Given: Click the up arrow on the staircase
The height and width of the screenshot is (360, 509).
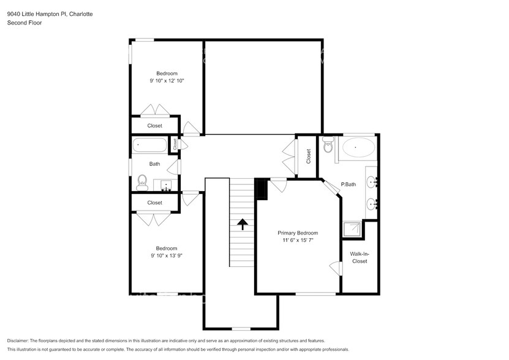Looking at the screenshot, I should click(x=243, y=223).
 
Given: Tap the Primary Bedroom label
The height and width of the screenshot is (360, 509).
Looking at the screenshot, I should click(x=298, y=233).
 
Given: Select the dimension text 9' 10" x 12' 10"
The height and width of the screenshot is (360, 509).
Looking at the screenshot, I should click(x=167, y=81).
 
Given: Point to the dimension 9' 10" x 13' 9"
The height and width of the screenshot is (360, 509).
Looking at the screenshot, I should click(x=166, y=256).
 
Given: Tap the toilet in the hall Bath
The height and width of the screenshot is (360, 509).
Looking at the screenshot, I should click(x=142, y=182).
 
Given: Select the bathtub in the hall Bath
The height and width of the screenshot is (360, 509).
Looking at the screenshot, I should click(x=149, y=146).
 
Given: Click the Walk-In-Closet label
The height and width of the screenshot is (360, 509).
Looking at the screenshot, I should click(x=359, y=257).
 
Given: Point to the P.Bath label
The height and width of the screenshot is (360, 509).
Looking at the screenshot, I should click(x=349, y=184).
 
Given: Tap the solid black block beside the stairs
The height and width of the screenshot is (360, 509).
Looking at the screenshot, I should click(x=261, y=189).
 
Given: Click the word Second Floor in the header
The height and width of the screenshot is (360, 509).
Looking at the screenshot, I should click(x=24, y=23).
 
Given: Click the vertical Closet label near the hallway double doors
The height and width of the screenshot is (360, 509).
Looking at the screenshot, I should click(x=309, y=157).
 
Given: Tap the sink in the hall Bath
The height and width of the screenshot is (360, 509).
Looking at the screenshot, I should click(x=165, y=185).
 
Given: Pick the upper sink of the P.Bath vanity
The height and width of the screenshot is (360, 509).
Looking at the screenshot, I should click(x=372, y=182).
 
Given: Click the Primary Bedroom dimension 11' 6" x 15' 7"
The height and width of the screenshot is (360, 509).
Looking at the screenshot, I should click(x=298, y=241).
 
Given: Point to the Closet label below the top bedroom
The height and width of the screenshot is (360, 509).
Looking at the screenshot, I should click(x=155, y=126).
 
